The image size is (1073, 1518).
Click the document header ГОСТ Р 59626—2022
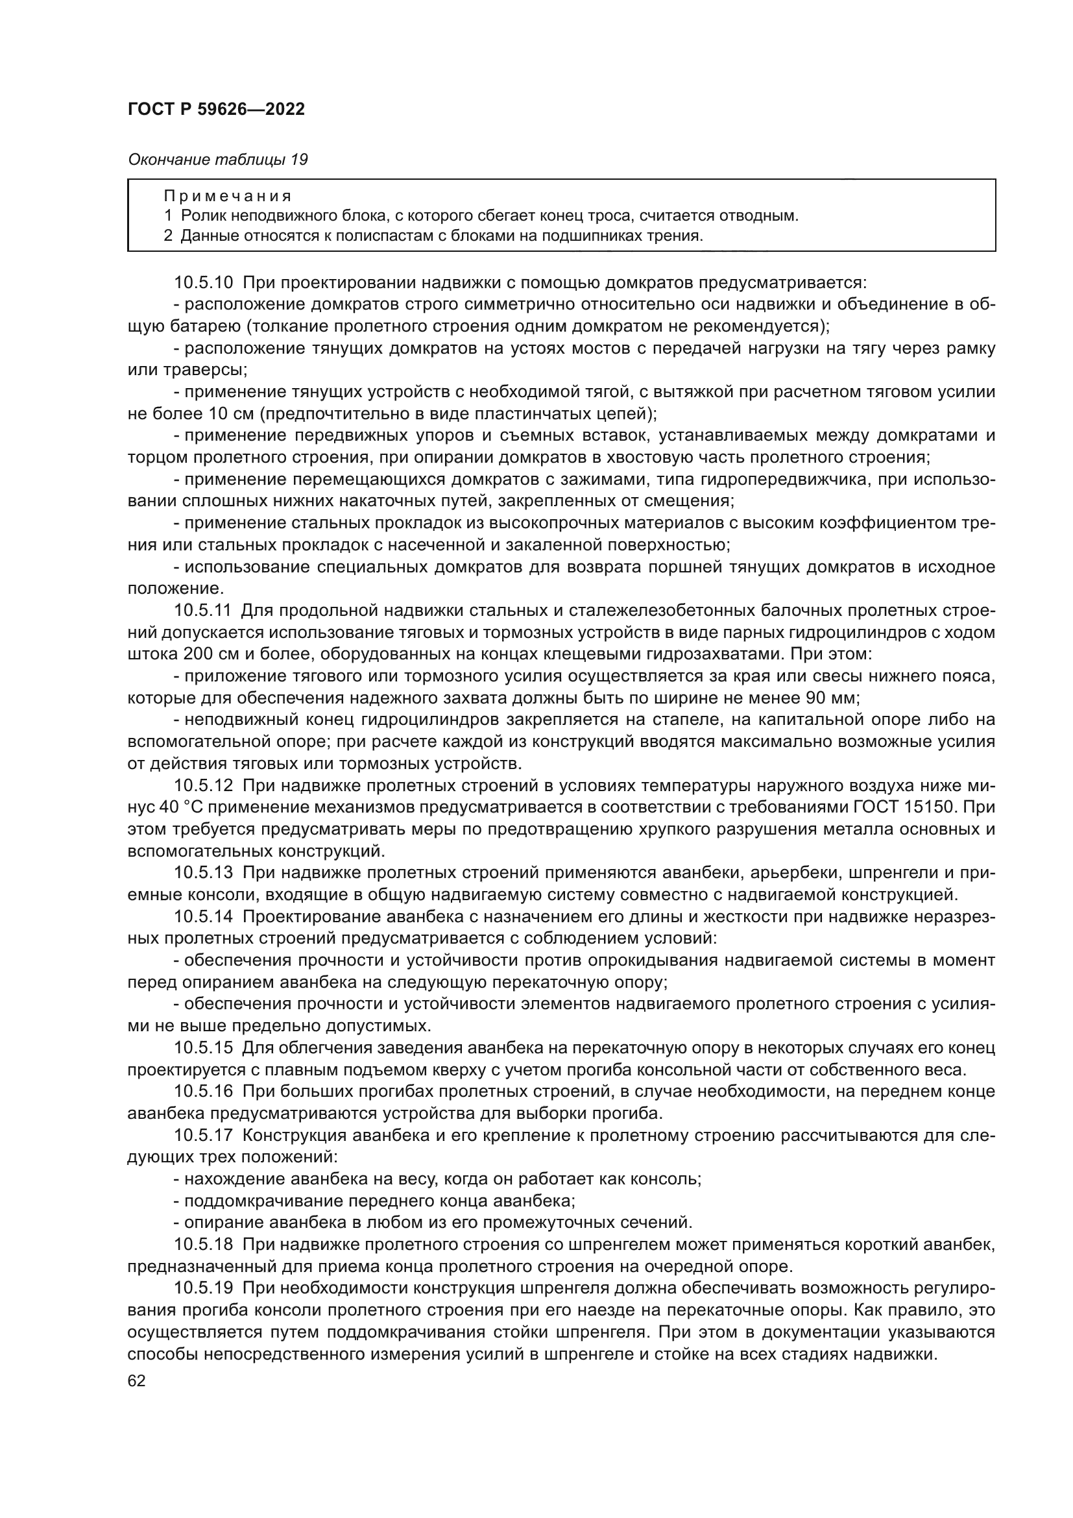[x=216, y=110]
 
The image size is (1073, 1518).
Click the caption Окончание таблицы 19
[x=217, y=160]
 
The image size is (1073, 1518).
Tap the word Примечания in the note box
[x=227, y=197]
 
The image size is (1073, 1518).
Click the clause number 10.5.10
[x=204, y=283]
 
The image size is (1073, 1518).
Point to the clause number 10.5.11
[x=204, y=611]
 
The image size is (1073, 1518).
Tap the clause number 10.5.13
[x=204, y=873]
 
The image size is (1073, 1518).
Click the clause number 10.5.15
[x=204, y=1048]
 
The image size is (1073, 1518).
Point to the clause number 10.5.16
[x=204, y=1092]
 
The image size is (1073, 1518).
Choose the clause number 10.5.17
[x=204, y=1135]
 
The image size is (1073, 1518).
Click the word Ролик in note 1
[x=199, y=215]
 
